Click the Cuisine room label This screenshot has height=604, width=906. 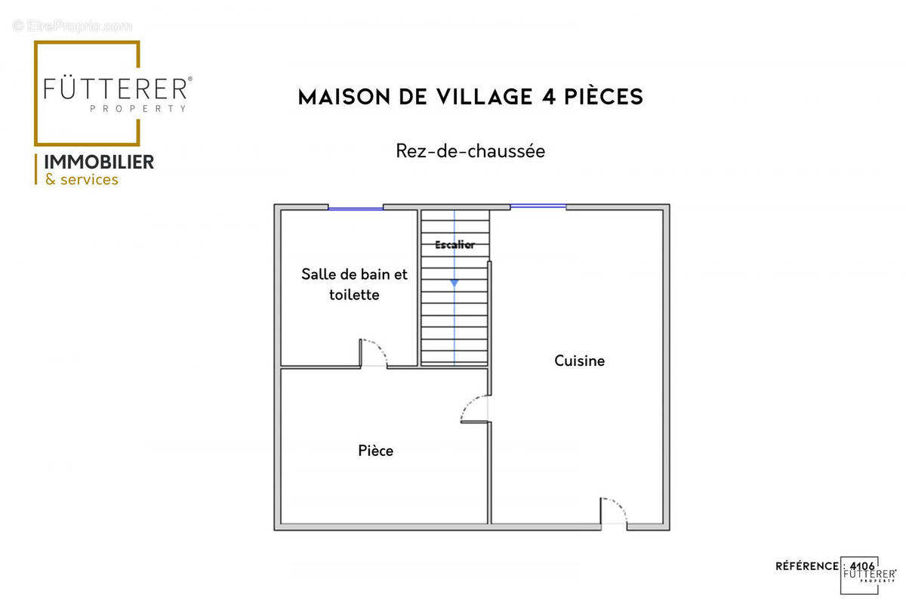coord(579,361)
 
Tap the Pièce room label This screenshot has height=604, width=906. coord(375,451)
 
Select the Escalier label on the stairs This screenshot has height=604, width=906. coord(455,245)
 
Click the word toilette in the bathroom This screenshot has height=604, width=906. coord(354,295)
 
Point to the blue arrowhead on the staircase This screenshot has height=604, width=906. coord(454,283)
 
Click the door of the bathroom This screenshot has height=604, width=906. coord(374,354)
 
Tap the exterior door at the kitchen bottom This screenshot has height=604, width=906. coord(613,512)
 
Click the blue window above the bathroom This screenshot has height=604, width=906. coord(356,208)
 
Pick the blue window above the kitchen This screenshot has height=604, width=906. coord(538,206)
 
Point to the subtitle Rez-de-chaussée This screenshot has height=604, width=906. coord(470,151)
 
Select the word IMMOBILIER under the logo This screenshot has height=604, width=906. coord(100,162)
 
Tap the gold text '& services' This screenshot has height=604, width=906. coord(82,180)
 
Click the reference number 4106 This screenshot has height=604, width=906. coord(862,565)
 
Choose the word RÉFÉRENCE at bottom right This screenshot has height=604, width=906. coord(806,566)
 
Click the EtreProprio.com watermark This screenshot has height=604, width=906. coord(72,26)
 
